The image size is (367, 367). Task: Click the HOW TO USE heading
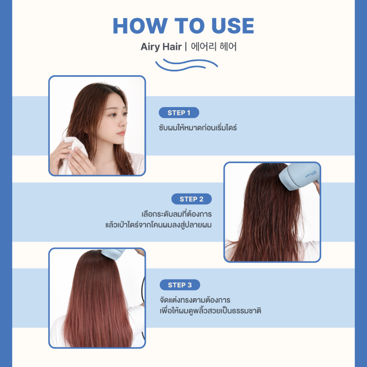point(183,26)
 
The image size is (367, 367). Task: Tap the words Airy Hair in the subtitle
point(161,47)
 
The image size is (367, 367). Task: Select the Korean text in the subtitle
point(214,47)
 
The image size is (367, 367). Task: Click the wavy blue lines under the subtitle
point(186,65)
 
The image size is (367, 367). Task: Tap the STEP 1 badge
point(179,113)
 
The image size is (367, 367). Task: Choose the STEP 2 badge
point(192,199)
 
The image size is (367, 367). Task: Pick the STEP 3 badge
point(180,285)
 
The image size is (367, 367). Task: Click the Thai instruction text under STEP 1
point(198,128)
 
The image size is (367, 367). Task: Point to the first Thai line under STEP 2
point(177,214)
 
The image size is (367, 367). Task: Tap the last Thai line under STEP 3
point(210,310)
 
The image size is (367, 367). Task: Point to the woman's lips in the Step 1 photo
point(121,133)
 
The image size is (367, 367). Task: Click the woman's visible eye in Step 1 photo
point(113,115)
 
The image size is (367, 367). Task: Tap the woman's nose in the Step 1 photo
point(123,123)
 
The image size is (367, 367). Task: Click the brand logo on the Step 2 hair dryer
point(311,174)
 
